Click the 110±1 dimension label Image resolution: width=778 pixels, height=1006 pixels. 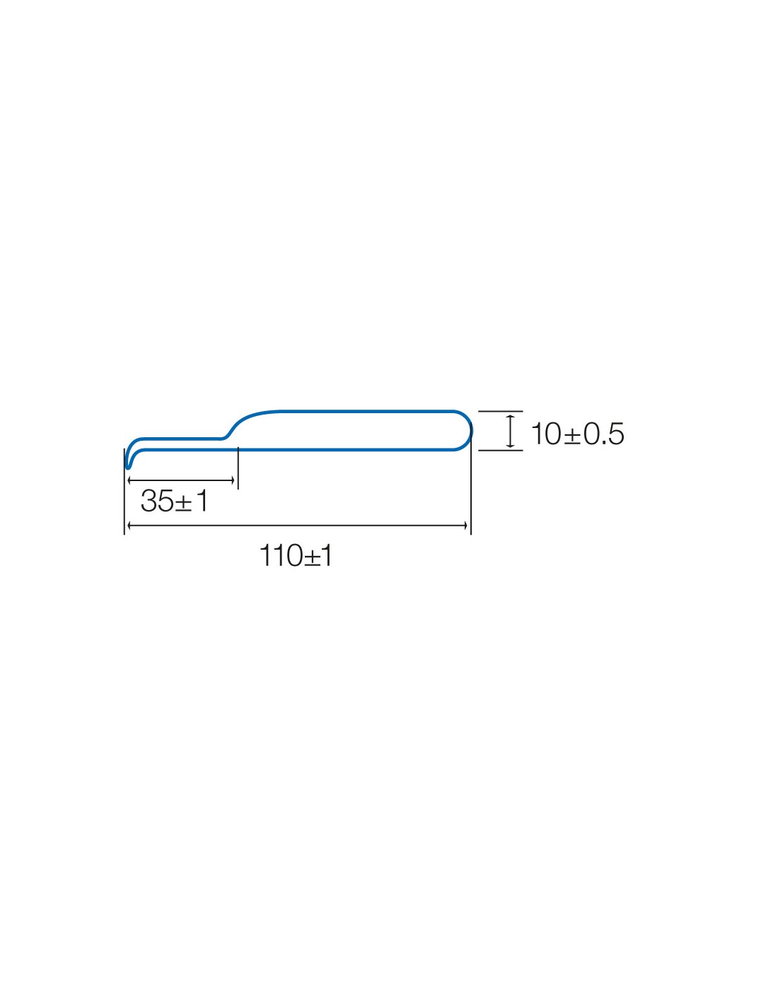coord(296,555)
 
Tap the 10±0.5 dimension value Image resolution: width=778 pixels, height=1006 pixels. coord(577,434)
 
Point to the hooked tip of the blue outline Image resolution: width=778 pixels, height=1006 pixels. coord(127,468)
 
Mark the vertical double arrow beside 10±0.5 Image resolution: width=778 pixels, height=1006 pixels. coord(510,431)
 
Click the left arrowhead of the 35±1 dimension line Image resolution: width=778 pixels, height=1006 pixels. coord(129,480)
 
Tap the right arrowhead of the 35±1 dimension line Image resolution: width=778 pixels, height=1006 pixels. coord(233,480)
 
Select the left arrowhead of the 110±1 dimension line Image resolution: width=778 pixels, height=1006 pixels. coord(129,525)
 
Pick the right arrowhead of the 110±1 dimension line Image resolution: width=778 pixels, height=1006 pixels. coord(465,525)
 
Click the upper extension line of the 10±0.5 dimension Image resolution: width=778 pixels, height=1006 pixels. coord(500,411)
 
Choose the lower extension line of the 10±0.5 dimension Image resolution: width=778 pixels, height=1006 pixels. coord(500,450)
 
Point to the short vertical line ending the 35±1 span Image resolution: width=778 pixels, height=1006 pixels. coord(238,468)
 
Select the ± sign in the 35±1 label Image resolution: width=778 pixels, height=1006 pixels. coord(183,503)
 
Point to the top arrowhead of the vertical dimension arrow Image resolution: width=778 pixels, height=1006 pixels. coord(510,417)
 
